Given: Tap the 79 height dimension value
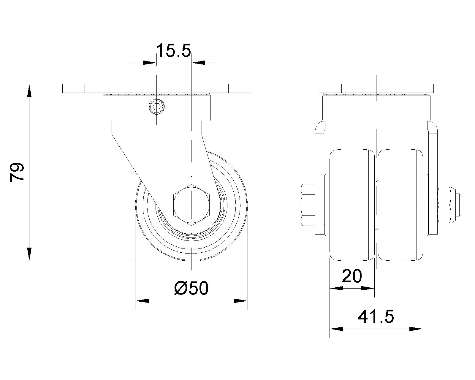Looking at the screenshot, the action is click(17, 172).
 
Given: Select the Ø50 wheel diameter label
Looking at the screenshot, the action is click(191, 288).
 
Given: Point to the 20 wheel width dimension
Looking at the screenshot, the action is click(352, 276).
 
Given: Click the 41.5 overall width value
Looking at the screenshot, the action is click(376, 316).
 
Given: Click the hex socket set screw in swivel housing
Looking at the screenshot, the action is click(157, 107).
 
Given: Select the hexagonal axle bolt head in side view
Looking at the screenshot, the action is click(191, 205).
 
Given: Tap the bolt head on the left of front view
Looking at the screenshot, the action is click(308, 205).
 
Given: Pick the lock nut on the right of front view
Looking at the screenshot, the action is click(444, 205).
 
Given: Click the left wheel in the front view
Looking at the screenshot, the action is click(352, 205).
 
